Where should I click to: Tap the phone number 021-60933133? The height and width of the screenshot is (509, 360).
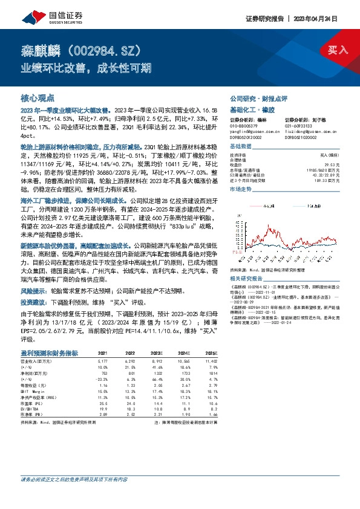pyautogui.click(x=301, y=125)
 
